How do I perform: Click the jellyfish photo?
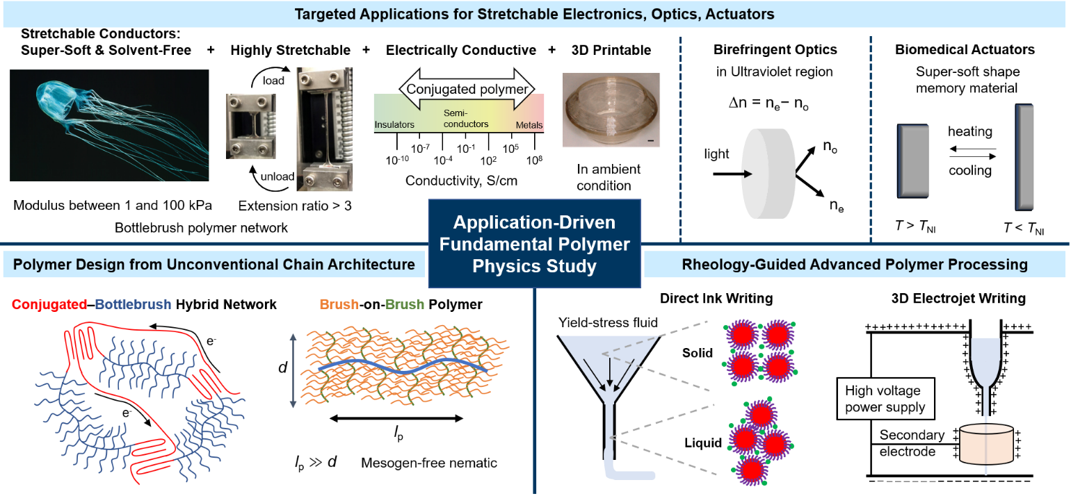[x=109, y=125]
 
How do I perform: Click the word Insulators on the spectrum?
[x=394, y=125]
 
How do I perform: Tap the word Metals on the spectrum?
[x=529, y=126]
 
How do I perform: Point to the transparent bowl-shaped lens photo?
[x=611, y=110]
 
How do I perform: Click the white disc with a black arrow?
[x=768, y=174]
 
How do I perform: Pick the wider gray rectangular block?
[x=913, y=160]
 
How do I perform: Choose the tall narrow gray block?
[x=1024, y=157]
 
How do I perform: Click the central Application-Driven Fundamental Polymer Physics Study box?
[x=534, y=244]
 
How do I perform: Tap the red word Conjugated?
[x=49, y=304]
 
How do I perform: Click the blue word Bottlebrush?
[x=133, y=304]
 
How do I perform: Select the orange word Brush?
[x=339, y=304]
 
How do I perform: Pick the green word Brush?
[x=405, y=304]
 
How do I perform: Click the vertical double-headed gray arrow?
[x=293, y=371]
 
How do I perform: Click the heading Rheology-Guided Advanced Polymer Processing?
[x=855, y=265]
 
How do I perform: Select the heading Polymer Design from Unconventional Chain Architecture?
[x=214, y=265]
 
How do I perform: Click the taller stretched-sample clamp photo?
[x=324, y=129]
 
